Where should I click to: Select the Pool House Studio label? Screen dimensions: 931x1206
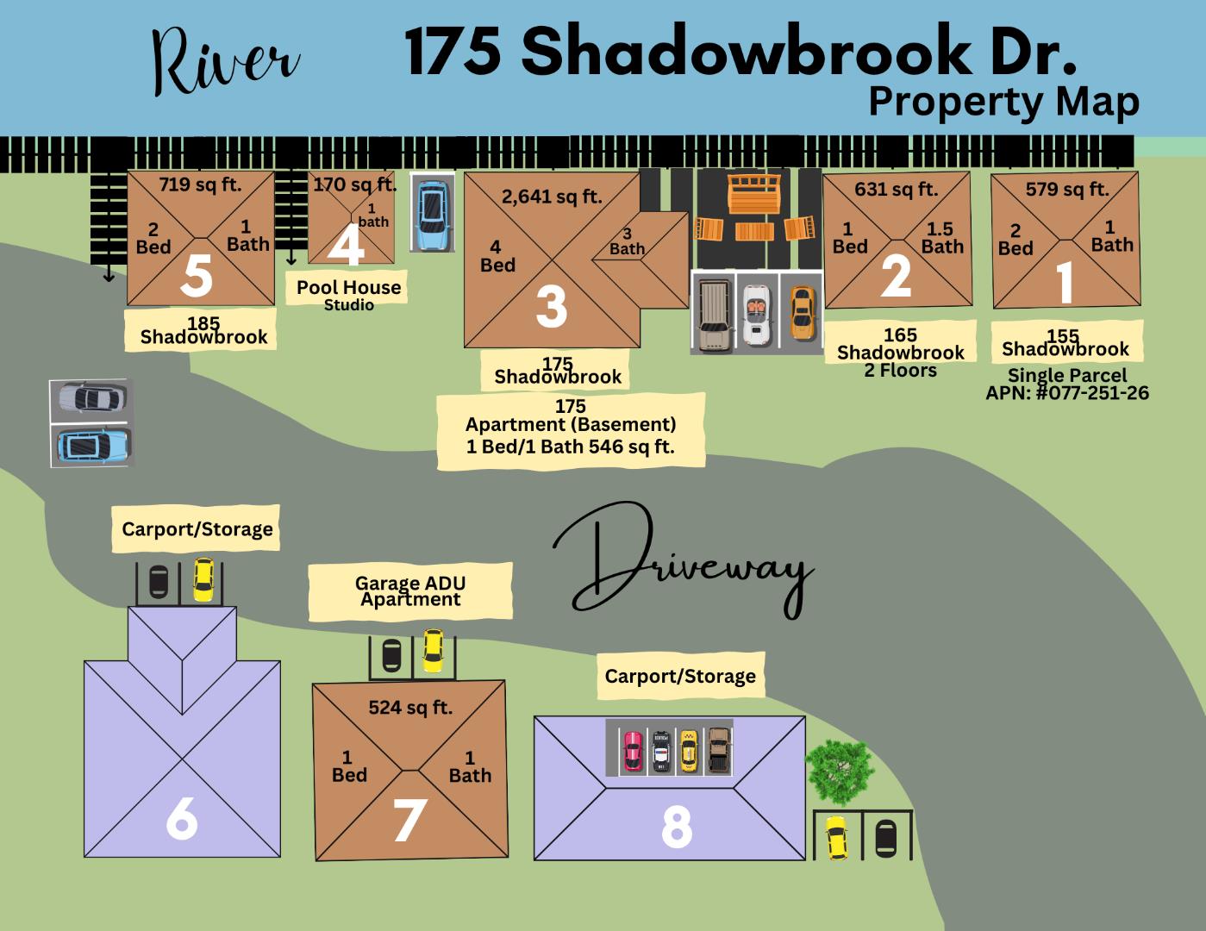point(348,293)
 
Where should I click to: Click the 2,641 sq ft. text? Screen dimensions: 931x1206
point(552,197)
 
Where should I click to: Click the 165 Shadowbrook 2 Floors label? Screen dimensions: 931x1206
point(900,353)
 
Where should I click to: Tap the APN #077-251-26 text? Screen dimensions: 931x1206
point(1067,393)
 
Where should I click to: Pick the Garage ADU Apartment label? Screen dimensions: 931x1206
point(410,591)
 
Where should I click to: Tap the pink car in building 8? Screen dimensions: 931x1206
point(633,750)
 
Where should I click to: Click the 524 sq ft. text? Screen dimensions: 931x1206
point(410,708)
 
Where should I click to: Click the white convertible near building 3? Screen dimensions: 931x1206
point(756,311)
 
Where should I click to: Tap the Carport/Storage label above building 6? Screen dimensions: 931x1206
point(197,528)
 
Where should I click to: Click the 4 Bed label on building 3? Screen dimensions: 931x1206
point(497,257)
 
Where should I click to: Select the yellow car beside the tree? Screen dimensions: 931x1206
point(835,837)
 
